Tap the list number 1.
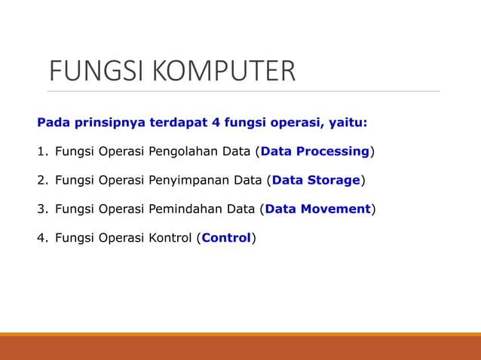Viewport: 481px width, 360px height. coord(41,151)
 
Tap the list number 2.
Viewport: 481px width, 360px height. coord(41,180)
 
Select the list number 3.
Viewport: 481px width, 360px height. coord(41,209)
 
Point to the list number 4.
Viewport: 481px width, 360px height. coord(41,238)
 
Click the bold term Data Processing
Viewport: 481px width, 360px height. coord(314,151)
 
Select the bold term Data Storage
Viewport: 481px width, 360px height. coord(316,180)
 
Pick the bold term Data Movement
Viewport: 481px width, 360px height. coord(317,209)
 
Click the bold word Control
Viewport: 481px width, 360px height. coord(226,238)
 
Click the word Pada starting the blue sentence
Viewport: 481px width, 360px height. coord(52,122)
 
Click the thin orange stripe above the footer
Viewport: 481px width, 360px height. coord(240,334)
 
